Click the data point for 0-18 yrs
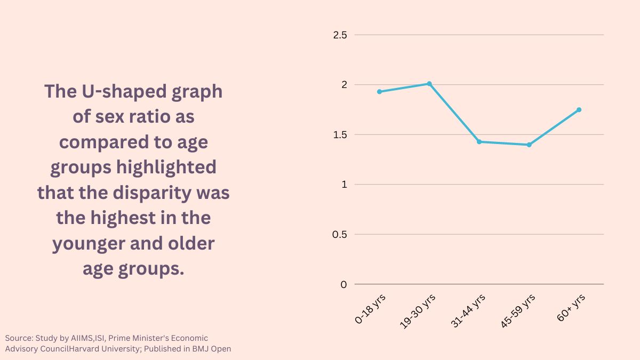click(379, 92)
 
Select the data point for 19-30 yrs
click(429, 84)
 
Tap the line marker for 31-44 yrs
click(479, 142)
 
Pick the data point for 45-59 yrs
click(529, 145)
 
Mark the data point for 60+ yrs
click(579, 110)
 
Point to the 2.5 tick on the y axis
click(340, 35)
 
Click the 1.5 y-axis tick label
click(340, 135)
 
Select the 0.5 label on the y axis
click(340, 235)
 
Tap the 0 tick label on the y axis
click(343, 284)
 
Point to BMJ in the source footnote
click(196, 349)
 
